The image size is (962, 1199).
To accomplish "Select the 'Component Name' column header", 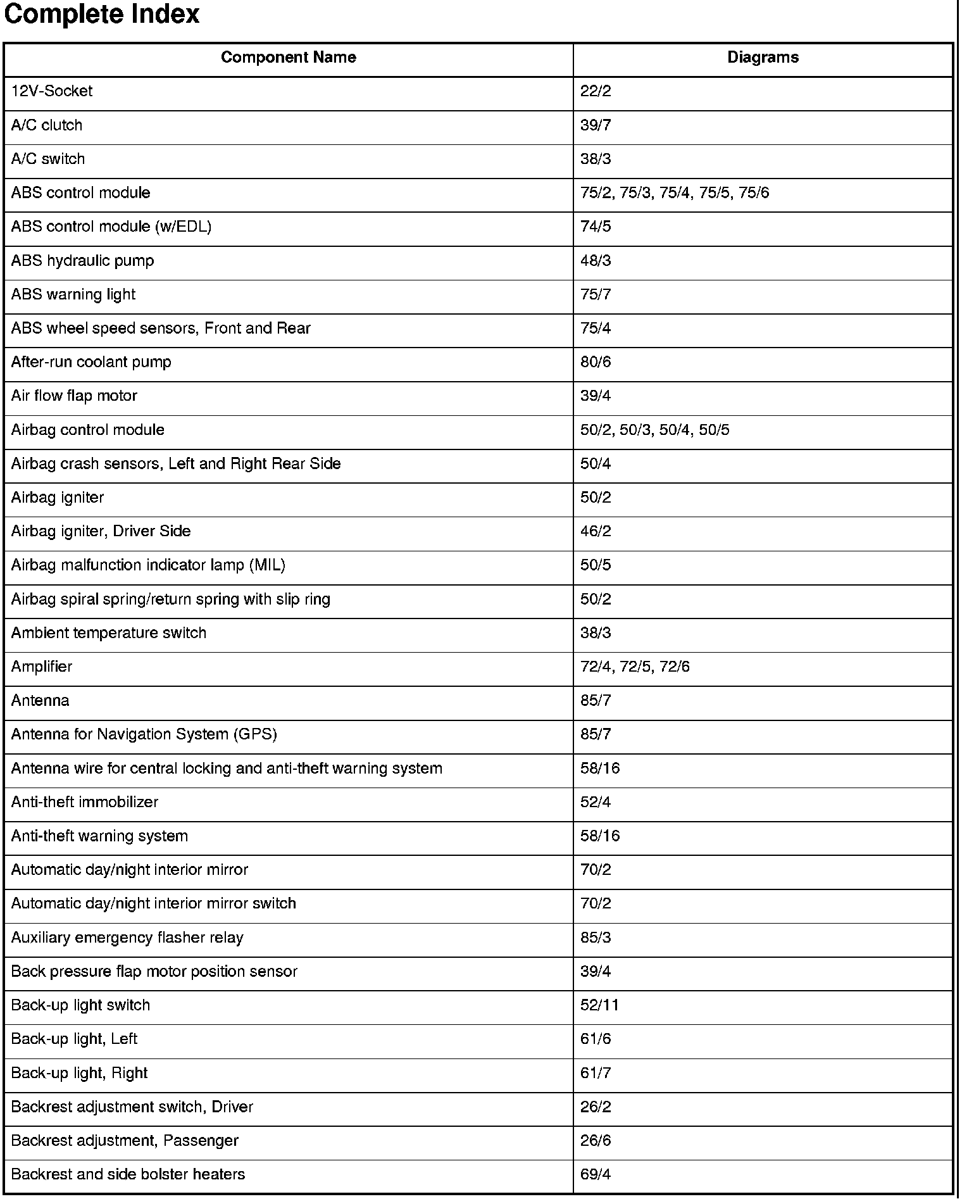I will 288,58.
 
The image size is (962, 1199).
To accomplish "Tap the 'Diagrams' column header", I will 763,58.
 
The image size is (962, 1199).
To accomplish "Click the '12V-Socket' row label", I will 52,91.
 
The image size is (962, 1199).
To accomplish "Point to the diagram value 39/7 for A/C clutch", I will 596,125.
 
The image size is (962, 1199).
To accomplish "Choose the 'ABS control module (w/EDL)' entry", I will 111,227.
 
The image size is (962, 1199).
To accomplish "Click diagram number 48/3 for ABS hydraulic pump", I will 596,261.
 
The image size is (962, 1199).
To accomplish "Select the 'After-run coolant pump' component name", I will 91,362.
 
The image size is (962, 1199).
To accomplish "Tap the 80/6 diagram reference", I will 596,362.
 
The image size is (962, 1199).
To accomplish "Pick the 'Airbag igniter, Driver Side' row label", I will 101,531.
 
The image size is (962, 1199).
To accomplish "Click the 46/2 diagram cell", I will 596,531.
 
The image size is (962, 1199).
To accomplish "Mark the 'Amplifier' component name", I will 42,667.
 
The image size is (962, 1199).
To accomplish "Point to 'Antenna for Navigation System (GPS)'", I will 144,734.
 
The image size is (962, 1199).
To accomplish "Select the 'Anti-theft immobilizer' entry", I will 85,802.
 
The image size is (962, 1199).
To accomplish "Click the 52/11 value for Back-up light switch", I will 599,1005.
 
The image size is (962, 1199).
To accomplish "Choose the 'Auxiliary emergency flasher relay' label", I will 127,938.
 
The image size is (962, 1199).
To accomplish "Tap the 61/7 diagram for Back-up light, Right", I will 596,1073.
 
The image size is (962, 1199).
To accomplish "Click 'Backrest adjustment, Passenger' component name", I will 125,1141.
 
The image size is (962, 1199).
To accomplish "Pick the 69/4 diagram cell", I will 596,1174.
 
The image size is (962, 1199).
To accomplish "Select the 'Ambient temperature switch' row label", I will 109,633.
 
